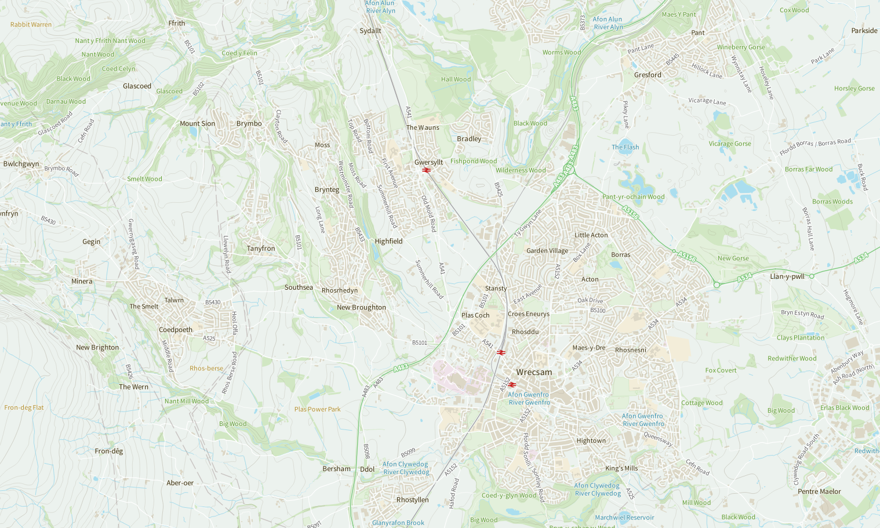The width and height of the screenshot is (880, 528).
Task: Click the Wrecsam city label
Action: pyautogui.click(x=534, y=372)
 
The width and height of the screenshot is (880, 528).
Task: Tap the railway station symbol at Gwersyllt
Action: pyautogui.click(x=426, y=170)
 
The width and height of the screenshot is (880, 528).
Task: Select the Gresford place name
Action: pyautogui.click(x=648, y=75)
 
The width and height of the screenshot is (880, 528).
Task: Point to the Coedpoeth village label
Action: pyautogui.click(x=176, y=330)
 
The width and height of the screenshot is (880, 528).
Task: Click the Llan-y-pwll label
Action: pyautogui.click(x=787, y=276)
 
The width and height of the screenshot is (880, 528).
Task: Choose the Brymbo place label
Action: pyautogui.click(x=249, y=123)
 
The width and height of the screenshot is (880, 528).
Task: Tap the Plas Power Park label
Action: pyautogui.click(x=317, y=409)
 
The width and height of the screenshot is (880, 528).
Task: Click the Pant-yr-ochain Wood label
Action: pyautogui.click(x=633, y=197)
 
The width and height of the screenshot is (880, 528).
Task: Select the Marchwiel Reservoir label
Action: pyautogui.click(x=624, y=518)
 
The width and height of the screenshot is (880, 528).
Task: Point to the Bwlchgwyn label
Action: pyautogui.click(x=21, y=164)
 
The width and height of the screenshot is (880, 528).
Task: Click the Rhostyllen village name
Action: pyautogui.click(x=412, y=500)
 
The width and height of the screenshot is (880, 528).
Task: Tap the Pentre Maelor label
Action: pyautogui.click(x=819, y=491)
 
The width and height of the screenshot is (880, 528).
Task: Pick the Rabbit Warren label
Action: pyautogui.click(x=31, y=24)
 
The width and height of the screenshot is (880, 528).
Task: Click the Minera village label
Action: pyautogui.click(x=82, y=281)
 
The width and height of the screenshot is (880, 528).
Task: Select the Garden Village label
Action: pyautogui.click(x=547, y=251)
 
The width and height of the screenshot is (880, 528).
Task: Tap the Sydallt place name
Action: pyautogui.click(x=370, y=31)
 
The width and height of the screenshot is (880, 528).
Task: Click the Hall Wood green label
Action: pyautogui.click(x=456, y=79)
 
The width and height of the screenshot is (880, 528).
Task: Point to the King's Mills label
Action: pyautogui.click(x=621, y=468)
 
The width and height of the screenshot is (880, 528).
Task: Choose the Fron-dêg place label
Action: pyautogui.click(x=109, y=451)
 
